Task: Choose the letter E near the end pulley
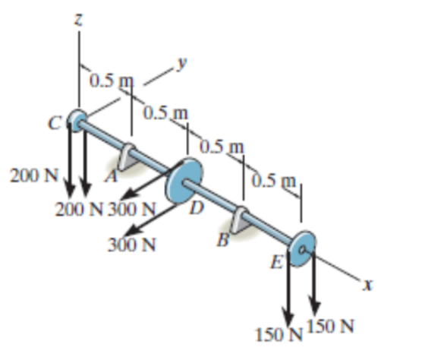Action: pos(277,264)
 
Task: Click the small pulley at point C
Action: pos(77,119)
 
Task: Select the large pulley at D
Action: pos(184,180)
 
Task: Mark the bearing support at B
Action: pos(242,220)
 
